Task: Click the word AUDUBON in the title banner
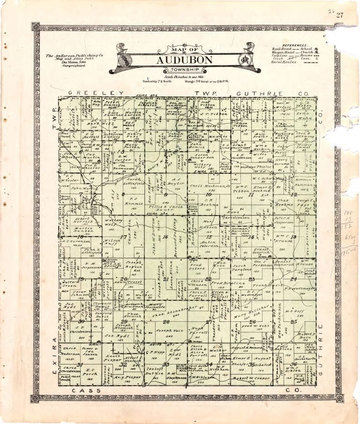point(178,60)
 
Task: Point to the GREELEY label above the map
point(96,93)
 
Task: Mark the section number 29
point(124,321)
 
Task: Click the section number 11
point(251,195)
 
